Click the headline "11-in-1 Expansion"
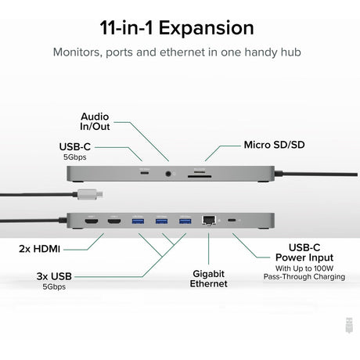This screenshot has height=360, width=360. pyautogui.click(x=176, y=28)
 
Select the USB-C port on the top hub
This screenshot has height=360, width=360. pyautogui.click(x=143, y=171)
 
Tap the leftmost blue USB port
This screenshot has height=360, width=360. pyautogui.click(x=139, y=221)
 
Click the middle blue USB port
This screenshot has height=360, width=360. pyautogui.click(x=161, y=221)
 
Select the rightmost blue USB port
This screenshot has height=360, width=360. pyautogui.click(x=185, y=221)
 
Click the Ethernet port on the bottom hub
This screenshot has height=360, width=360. pyautogui.click(x=209, y=221)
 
